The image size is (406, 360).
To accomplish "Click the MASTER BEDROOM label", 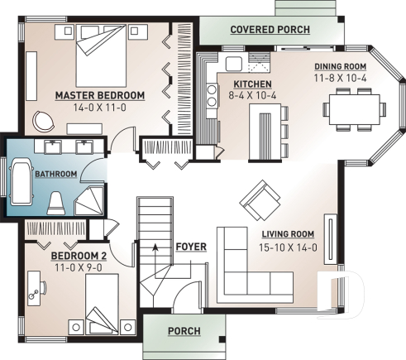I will click(99, 95).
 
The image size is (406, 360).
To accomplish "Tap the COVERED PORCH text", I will click(270, 30).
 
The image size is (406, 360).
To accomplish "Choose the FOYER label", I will click(190, 247).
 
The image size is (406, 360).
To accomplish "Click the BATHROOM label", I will click(55, 174).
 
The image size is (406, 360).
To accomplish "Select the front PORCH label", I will click(184, 331).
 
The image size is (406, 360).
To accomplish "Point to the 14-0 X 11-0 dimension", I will click(99, 108).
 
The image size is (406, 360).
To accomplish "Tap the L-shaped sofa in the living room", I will click(248, 273).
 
